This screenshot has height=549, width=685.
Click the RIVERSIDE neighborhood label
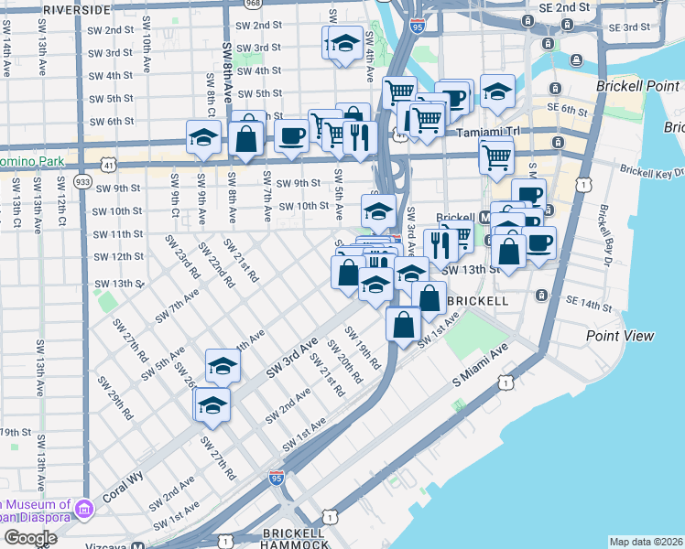[x=76, y=8]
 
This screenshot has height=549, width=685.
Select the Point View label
[x=620, y=336]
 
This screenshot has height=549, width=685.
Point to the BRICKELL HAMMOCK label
[x=295, y=538]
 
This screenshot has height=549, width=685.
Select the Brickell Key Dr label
[x=651, y=171]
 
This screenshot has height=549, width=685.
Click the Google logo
[x=30, y=537]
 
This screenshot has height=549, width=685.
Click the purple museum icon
[x=84, y=507]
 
